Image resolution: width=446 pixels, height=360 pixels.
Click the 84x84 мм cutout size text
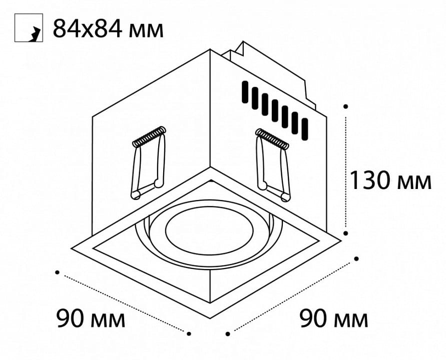point(108,28)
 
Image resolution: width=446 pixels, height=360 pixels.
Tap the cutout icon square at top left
point(29,28)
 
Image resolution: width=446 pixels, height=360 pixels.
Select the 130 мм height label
point(390,180)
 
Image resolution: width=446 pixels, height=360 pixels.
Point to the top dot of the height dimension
point(345,106)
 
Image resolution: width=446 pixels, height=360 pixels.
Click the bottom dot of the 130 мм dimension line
point(346,233)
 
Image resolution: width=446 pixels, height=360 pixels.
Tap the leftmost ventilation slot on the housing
point(245,92)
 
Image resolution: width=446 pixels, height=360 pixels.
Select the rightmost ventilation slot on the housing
point(305,129)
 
